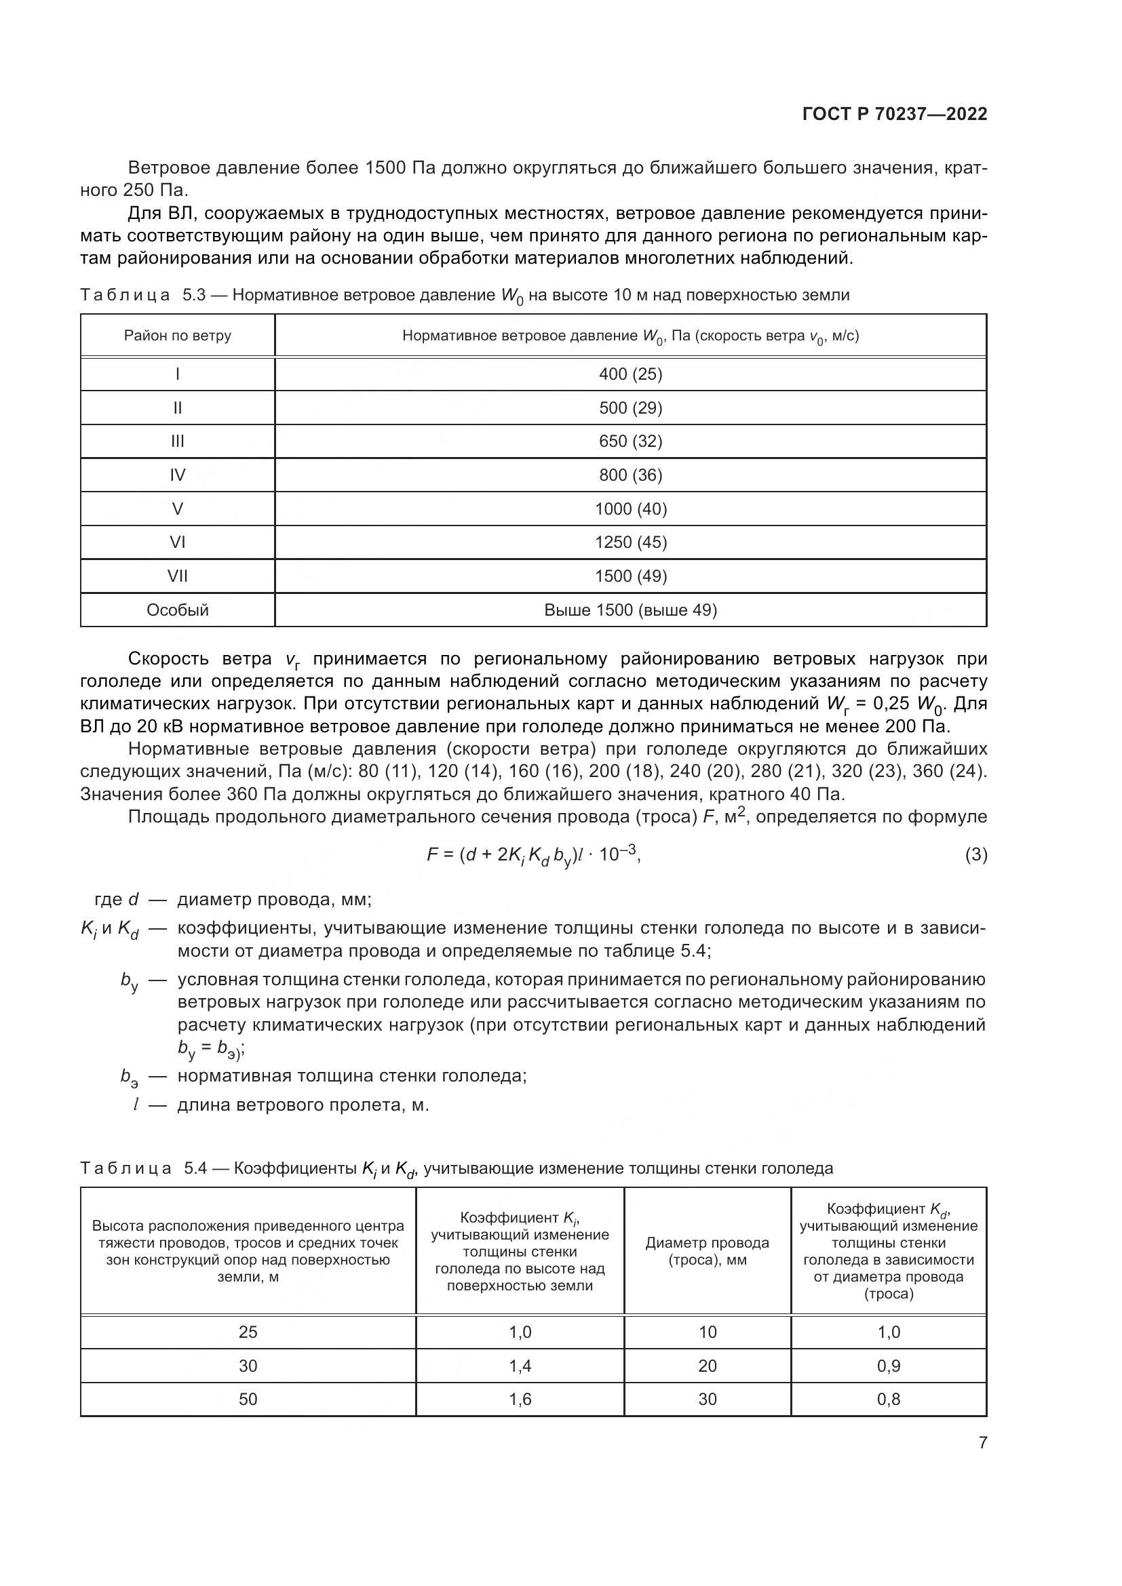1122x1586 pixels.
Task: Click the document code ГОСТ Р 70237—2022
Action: coord(894,114)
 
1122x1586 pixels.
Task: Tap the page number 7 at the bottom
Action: coord(982,1442)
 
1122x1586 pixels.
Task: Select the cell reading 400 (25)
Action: coord(630,374)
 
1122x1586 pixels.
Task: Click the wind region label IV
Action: coord(178,475)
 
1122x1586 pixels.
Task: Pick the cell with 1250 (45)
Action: coord(630,542)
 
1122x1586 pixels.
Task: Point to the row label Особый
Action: coord(178,610)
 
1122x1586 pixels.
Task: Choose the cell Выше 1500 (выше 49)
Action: coord(630,610)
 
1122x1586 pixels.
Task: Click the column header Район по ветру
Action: coord(178,336)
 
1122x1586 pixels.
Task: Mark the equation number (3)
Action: coord(975,855)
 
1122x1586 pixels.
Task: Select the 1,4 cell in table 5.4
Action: coord(520,1366)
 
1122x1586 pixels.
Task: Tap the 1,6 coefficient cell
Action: coord(520,1399)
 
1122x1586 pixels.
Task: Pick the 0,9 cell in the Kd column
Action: coord(889,1366)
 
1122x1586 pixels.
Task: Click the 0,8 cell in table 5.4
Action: coord(889,1399)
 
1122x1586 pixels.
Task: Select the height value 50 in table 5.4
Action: coord(248,1399)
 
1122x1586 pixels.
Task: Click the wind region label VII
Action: coord(178,576)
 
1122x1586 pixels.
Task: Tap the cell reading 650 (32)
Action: coord(630,441)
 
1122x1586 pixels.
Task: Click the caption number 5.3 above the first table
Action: coord(194,296)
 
